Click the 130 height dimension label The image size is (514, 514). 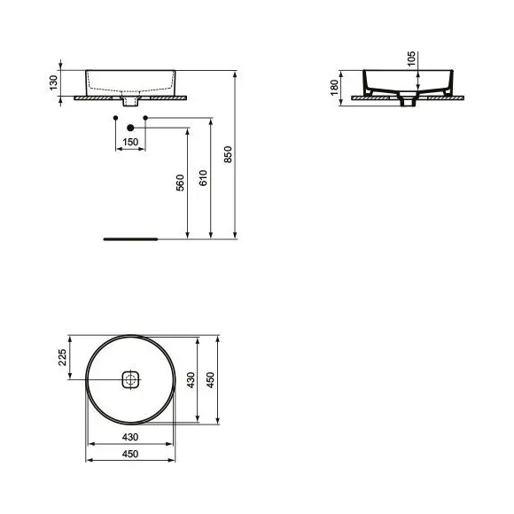53,83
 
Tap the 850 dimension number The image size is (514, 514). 228,154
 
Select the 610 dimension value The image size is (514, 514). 203,178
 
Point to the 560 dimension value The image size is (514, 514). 180,183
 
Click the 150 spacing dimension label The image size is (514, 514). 130,143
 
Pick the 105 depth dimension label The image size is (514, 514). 411,58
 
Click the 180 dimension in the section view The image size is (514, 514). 334,88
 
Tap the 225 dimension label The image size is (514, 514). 62,357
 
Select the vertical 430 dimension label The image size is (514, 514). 191,380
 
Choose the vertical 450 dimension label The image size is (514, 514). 210,380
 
